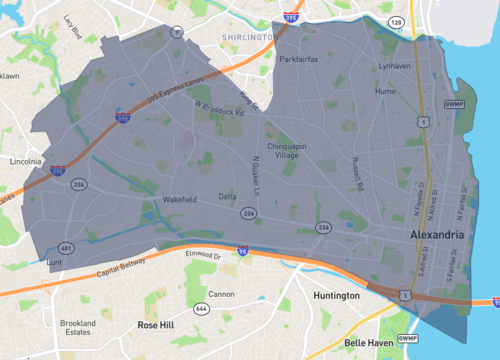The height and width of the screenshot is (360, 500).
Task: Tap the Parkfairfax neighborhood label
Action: coord(299,59)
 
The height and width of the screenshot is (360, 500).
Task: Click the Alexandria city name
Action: coord(437,234)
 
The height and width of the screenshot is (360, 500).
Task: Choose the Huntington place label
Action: coord(335,296)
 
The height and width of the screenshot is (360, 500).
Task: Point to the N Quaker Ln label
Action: coord(256,173)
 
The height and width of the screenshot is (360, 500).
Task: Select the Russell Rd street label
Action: coord(356,173)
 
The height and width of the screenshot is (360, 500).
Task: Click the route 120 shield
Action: coord(395,21)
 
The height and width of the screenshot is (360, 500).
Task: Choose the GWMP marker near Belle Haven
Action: coord(406,339)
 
